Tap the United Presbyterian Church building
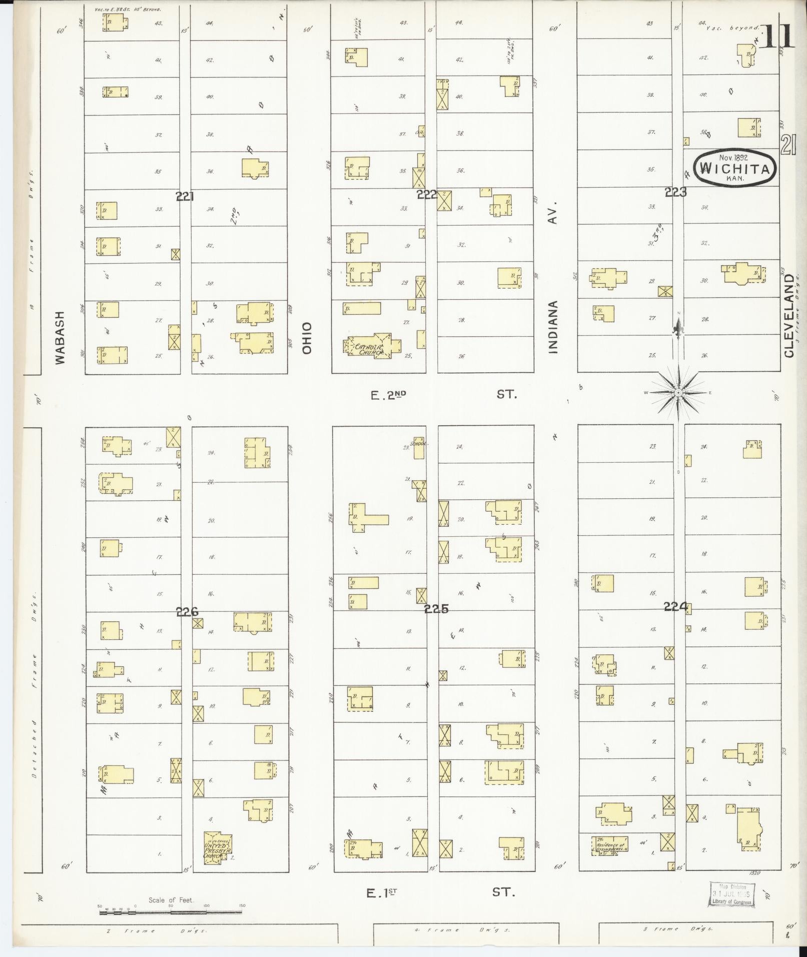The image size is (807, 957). click(x=218, y=847)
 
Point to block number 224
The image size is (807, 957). click(x=675, y=607)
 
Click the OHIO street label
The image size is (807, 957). click(x=306, y=338)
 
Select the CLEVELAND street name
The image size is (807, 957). click(x=789, y=315)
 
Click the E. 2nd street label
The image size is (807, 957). click(x=388, y=396)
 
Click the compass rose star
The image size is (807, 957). click(x=678, y=393)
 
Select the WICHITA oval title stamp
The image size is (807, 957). click(x=734, y=169)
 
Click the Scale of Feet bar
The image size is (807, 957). click(x=170, y=912)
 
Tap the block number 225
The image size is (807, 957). click(x=436, y=609)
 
